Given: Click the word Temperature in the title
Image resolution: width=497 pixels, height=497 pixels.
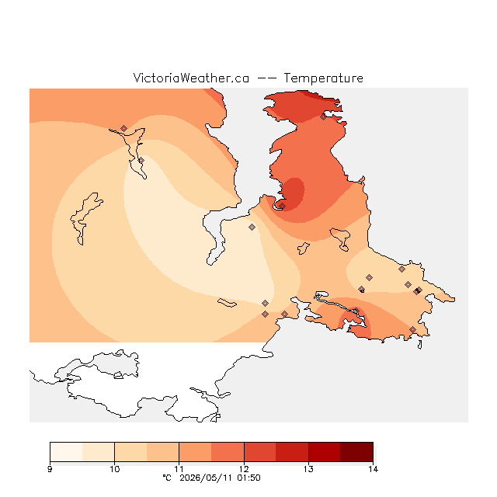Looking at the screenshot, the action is [x=323, y=78].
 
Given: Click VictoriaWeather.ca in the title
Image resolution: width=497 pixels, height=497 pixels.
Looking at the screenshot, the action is [x=191, y=78].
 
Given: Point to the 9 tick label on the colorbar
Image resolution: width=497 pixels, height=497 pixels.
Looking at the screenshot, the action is [x=50, y=469].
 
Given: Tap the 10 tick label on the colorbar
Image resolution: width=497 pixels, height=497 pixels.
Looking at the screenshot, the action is [x=114, y=469].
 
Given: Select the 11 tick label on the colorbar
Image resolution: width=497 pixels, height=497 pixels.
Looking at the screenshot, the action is [x=179, y=469].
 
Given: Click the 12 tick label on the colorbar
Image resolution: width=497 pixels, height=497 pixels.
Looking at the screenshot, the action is [x=244, y=469].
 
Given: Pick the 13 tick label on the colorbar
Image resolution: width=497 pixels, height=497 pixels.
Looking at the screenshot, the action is [x=308, y=469].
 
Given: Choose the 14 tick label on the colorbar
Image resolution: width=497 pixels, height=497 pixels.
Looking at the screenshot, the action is [x=373, y=469].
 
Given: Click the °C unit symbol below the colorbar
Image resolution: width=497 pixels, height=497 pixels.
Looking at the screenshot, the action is [x=167, y=478].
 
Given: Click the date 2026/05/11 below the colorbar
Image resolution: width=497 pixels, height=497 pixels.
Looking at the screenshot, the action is [x=203, y=478].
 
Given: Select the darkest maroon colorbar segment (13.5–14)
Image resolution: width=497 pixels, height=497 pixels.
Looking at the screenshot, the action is [x=356, y=452].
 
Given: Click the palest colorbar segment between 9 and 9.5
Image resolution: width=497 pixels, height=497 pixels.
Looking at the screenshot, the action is [x=66, y=452].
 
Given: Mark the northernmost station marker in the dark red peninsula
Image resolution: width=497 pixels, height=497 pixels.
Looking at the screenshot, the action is [x=323, y=117].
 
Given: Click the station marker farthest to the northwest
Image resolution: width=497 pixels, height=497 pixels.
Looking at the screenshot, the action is [x=123, y=128].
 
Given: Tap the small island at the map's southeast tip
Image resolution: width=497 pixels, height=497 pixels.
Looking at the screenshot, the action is [x=420, y=345].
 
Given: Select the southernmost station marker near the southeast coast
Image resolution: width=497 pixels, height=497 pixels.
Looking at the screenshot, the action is [x=412, y=329].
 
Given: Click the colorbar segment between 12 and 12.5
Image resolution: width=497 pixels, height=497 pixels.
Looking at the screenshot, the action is [x=260, y=452].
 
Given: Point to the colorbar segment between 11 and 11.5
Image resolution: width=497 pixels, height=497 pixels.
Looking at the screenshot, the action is [x=195, y=452].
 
